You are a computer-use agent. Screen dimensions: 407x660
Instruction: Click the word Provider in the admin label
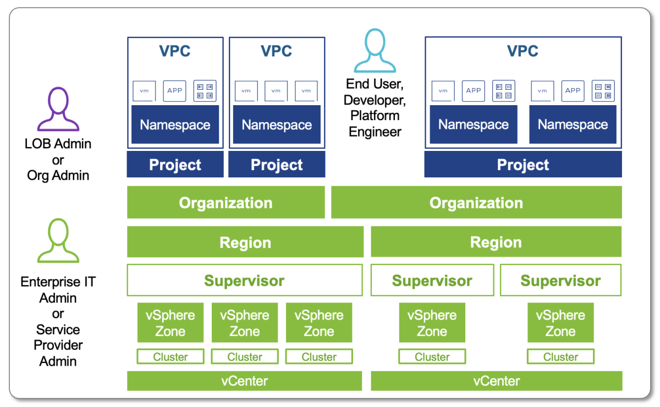pyautogui.click(x=58, y=345)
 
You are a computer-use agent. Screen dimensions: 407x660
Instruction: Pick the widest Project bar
pyautogui.click(x=522, y=165)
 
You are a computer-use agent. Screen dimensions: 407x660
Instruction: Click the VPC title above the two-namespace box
pyautogui.click(x=522, y=51)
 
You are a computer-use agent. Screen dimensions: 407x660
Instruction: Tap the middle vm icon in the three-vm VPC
pyautogui.click(x=276, y=91)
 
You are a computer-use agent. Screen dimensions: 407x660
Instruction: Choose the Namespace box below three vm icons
pyautogui.click(x=277, y=125)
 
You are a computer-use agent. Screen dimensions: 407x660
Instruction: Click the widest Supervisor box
pyautogui.click(x=244, y=281)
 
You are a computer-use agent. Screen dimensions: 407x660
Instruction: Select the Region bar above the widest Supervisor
pyautogui.click(x=245, y=242)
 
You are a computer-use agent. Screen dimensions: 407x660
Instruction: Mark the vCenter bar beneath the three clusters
pyautogui.click(x=244, y=381)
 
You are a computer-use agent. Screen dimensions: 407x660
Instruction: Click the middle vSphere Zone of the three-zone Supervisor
pyautogui.click(x=245, y=323)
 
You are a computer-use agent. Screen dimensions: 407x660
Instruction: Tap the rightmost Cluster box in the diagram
pyautogui.click(x=560, y=357)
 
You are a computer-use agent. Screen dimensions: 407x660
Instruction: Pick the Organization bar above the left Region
pyautogui.click(x=226, y=203)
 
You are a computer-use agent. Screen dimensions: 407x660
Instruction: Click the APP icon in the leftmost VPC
pyautogui.click(x=175, y=91)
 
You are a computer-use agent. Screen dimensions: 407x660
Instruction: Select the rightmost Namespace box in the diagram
pyautogui.click(x=573, y=125)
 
